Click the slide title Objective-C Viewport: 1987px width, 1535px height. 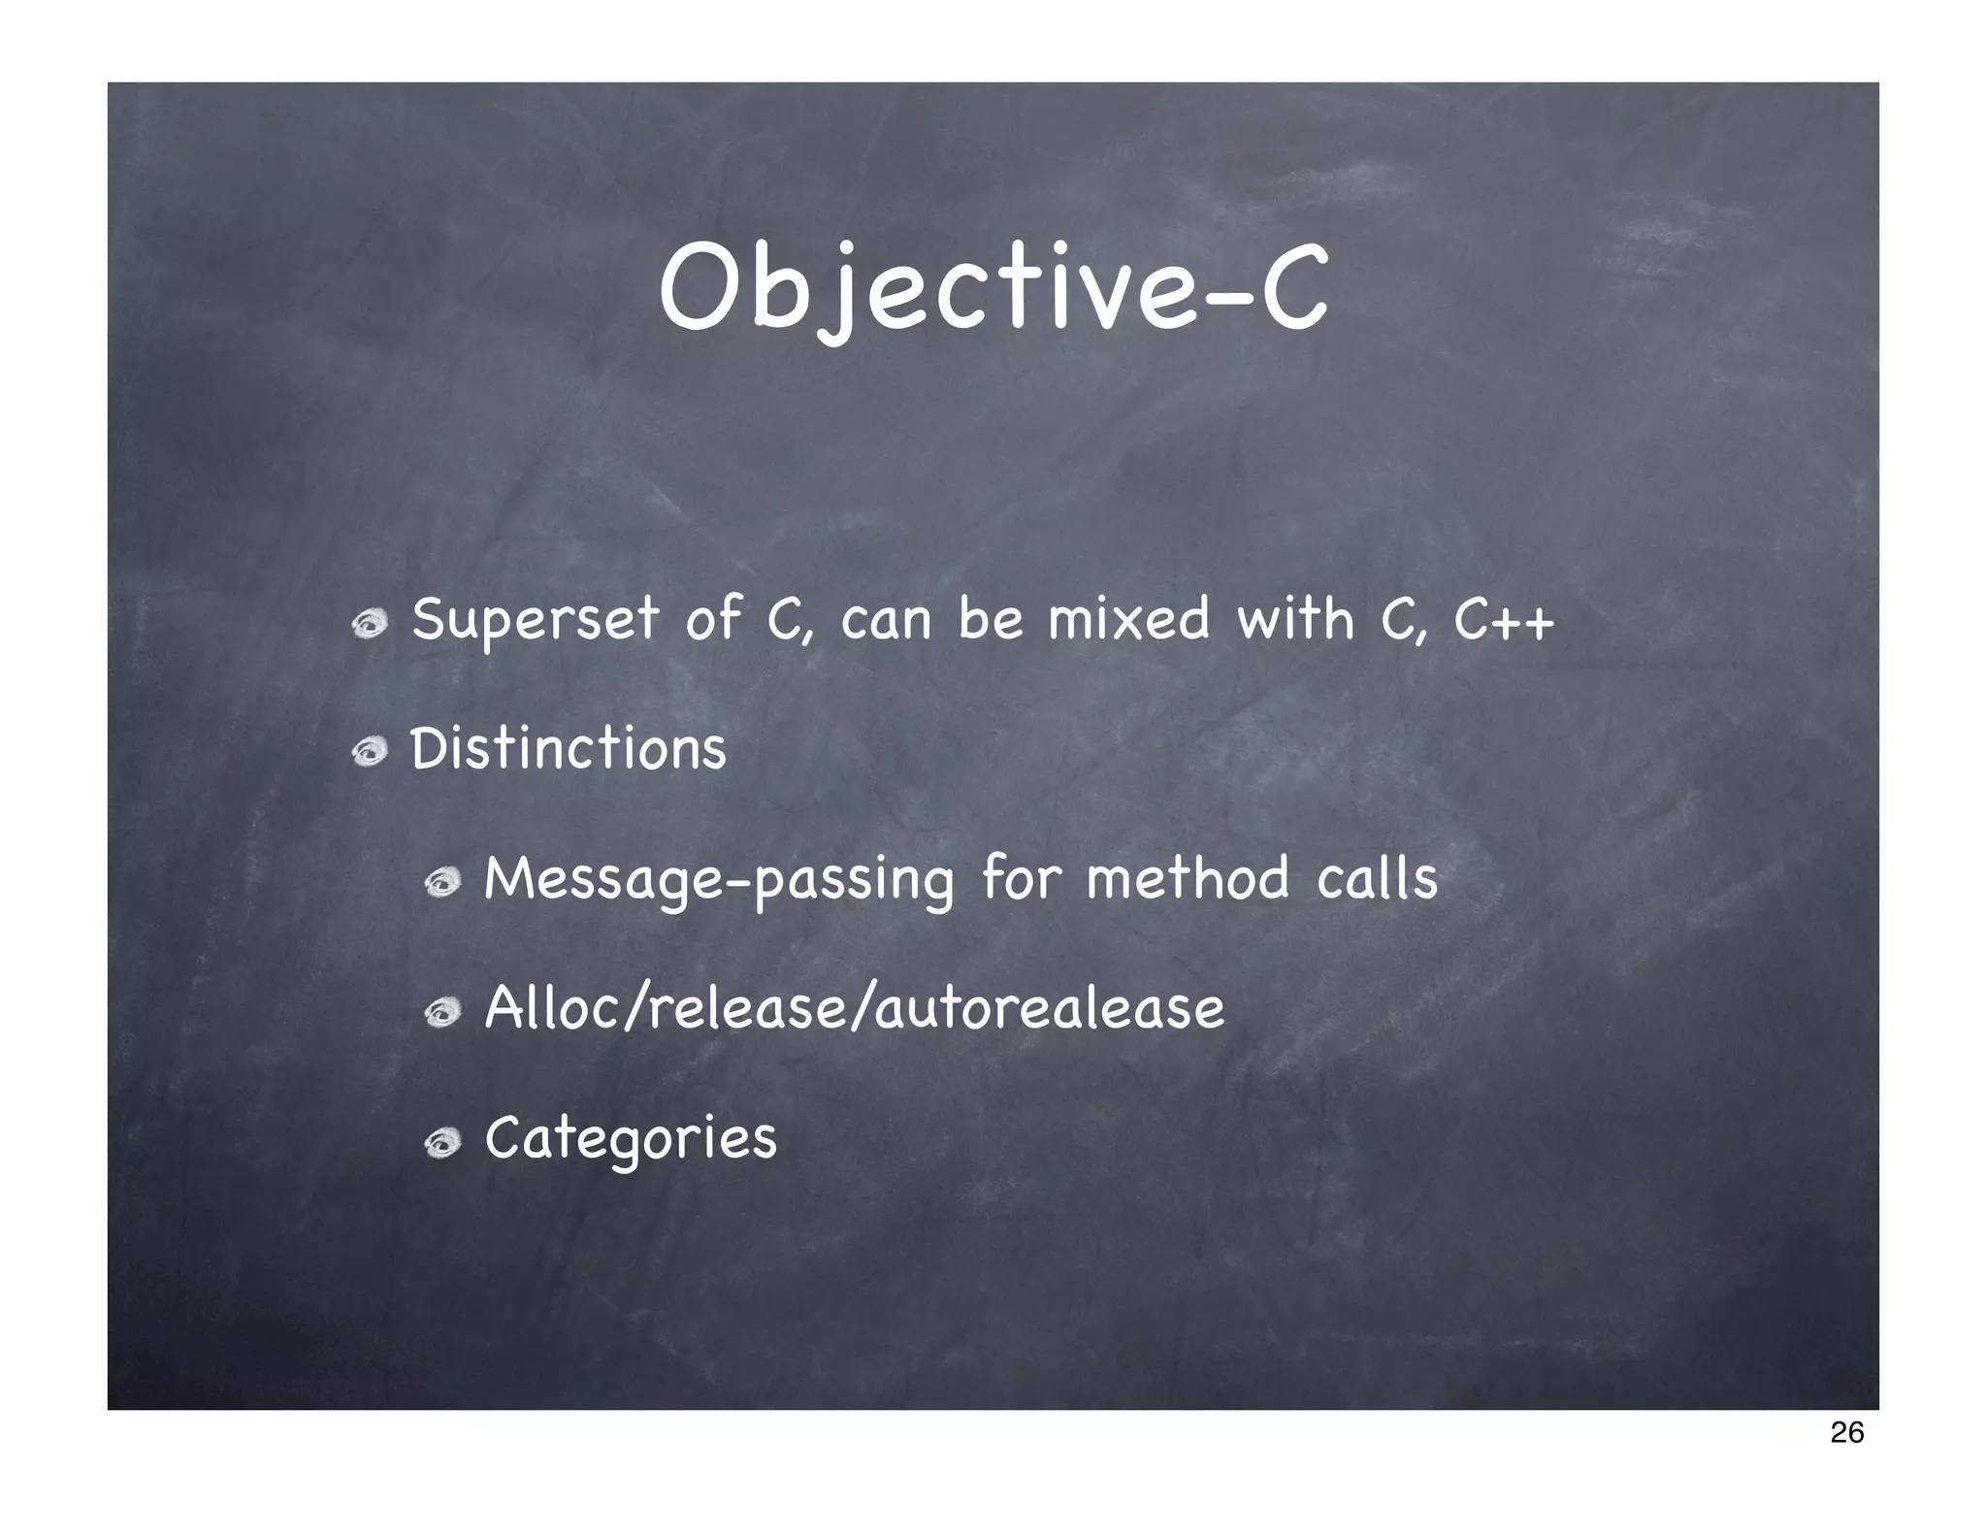(993, 289)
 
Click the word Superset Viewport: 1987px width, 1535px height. (535, 620)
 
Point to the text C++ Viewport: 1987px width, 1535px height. (1504, 620)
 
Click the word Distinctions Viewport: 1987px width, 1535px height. (568, 749)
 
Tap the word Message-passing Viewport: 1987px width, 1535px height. (719, 879)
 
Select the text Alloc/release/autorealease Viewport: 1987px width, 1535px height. (854, 1007)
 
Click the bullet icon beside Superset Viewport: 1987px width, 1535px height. (370, 626)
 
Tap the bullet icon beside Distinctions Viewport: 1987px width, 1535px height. (370, 753)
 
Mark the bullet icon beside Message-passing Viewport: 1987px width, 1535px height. (441, 883)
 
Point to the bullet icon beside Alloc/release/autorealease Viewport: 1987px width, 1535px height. (441, 1013)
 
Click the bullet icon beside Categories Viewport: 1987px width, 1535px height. (441, 1143)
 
